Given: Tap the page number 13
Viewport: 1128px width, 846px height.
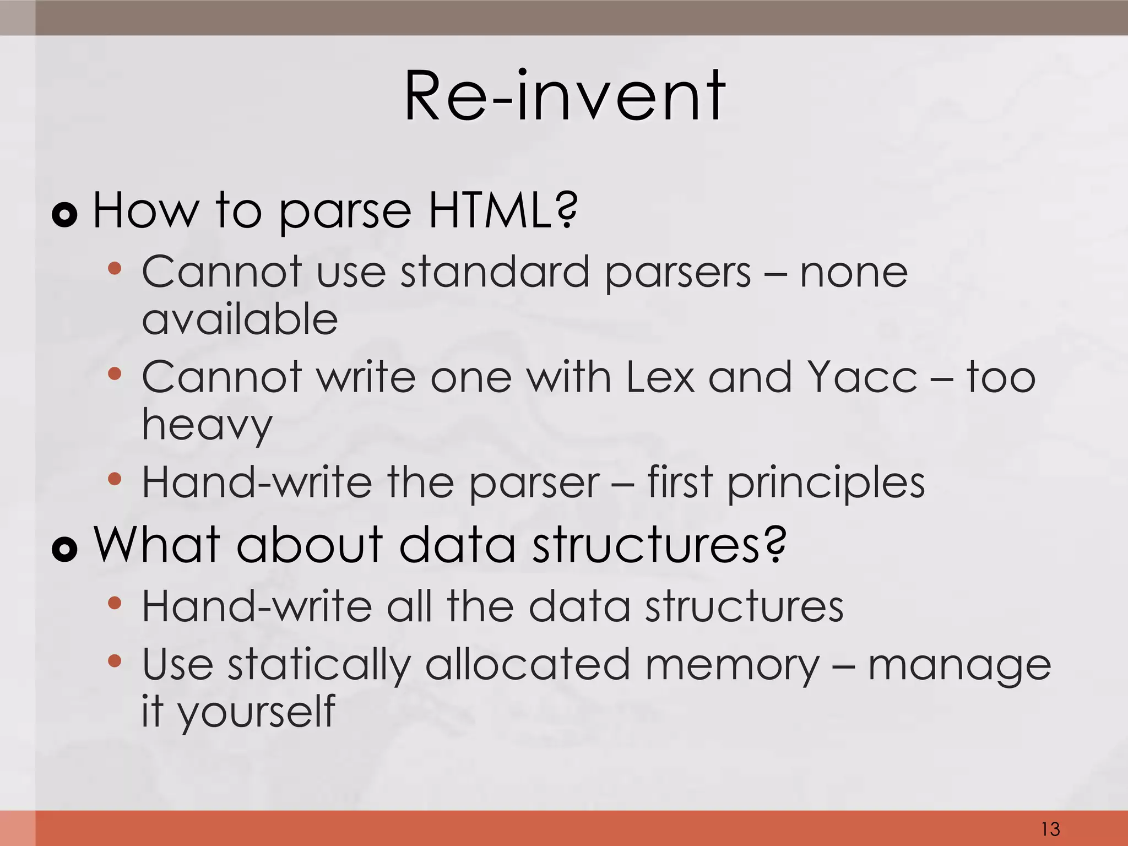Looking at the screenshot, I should (x=1050, y=828).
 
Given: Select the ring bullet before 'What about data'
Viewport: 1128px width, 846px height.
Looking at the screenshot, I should (x=64, y=549).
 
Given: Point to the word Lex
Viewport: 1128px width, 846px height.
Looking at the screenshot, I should (x=660, y=377).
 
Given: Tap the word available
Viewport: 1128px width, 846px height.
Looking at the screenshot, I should (x=240, y=319).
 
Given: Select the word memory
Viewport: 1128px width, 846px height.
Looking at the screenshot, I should (x=733, y=665).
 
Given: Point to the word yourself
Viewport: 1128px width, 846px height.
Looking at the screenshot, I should (x=256, y=712).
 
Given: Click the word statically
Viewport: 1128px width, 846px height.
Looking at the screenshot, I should (x=319, y=665).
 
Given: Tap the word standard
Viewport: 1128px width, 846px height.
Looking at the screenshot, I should (x=495, y=272).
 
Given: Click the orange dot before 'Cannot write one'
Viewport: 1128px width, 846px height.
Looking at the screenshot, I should (x=115, y=375).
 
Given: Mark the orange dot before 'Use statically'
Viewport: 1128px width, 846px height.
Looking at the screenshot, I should (x=115, y=660).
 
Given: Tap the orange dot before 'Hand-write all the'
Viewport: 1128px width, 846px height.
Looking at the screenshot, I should (x=115, y=603).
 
